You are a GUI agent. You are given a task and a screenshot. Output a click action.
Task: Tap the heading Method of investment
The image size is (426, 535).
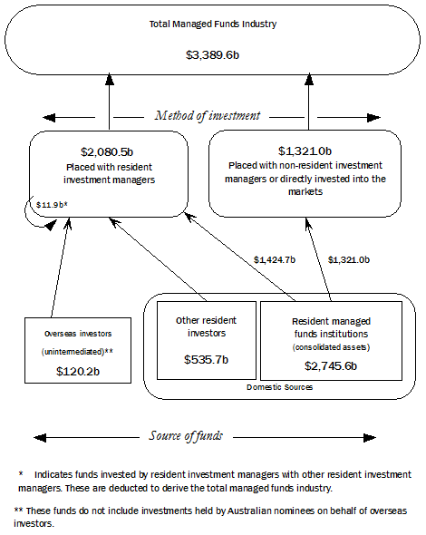tap(208, 115)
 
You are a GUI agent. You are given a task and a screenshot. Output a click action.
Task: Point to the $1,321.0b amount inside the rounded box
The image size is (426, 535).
tap(305, 150)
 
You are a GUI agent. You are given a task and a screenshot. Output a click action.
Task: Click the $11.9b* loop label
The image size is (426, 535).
tap(53, 205)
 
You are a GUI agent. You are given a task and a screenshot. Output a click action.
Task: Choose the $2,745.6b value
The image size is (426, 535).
tap(330, 365)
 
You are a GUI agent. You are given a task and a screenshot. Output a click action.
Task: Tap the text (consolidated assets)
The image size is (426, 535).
tap(330, 347)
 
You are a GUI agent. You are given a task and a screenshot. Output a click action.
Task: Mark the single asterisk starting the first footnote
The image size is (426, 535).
tap(20, 474)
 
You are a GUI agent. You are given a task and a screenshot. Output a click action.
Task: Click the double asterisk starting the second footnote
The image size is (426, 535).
tap(18, 511)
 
